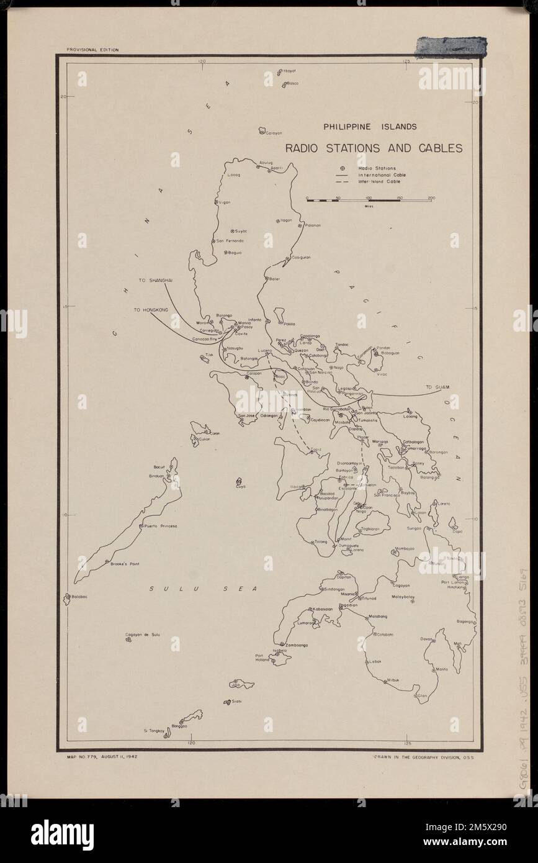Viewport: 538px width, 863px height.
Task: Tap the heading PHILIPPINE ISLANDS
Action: [369, 127]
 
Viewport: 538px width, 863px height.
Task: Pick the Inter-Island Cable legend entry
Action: [379, 181]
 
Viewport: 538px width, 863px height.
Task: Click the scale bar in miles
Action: [369, 200]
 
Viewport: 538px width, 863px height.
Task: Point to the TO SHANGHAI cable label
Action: [155, 281]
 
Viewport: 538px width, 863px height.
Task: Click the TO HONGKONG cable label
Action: [151, 309]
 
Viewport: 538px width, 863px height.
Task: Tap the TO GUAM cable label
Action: [436, 387]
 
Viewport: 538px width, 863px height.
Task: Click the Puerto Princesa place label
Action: [161, 526]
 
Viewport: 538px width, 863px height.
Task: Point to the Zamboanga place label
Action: [296, 645]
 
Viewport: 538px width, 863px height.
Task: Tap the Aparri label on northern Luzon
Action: [276, 168]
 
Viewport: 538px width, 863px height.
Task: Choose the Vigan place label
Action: [225, 202]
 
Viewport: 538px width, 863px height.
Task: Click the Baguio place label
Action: [235, 253]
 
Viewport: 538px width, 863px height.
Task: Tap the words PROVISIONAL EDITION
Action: [92, 49]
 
